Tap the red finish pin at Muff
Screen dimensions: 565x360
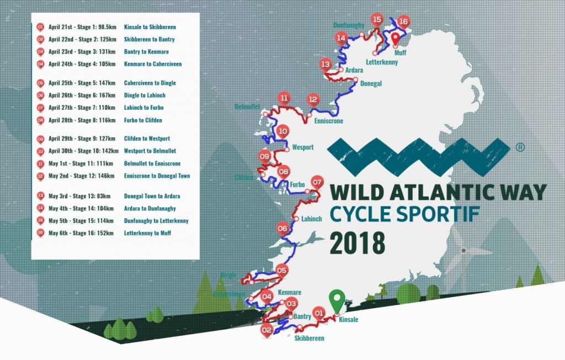(396, 39)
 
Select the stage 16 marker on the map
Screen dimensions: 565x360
(403, 22)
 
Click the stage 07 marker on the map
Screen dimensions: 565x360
(317, 182)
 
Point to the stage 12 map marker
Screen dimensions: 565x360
(313, 100)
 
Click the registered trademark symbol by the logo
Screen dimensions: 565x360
(519, 148)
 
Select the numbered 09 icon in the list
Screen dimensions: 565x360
(40, 139)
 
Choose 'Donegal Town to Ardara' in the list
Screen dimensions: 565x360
(152, 196)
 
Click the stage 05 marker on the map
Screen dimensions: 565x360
(282, 271)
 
